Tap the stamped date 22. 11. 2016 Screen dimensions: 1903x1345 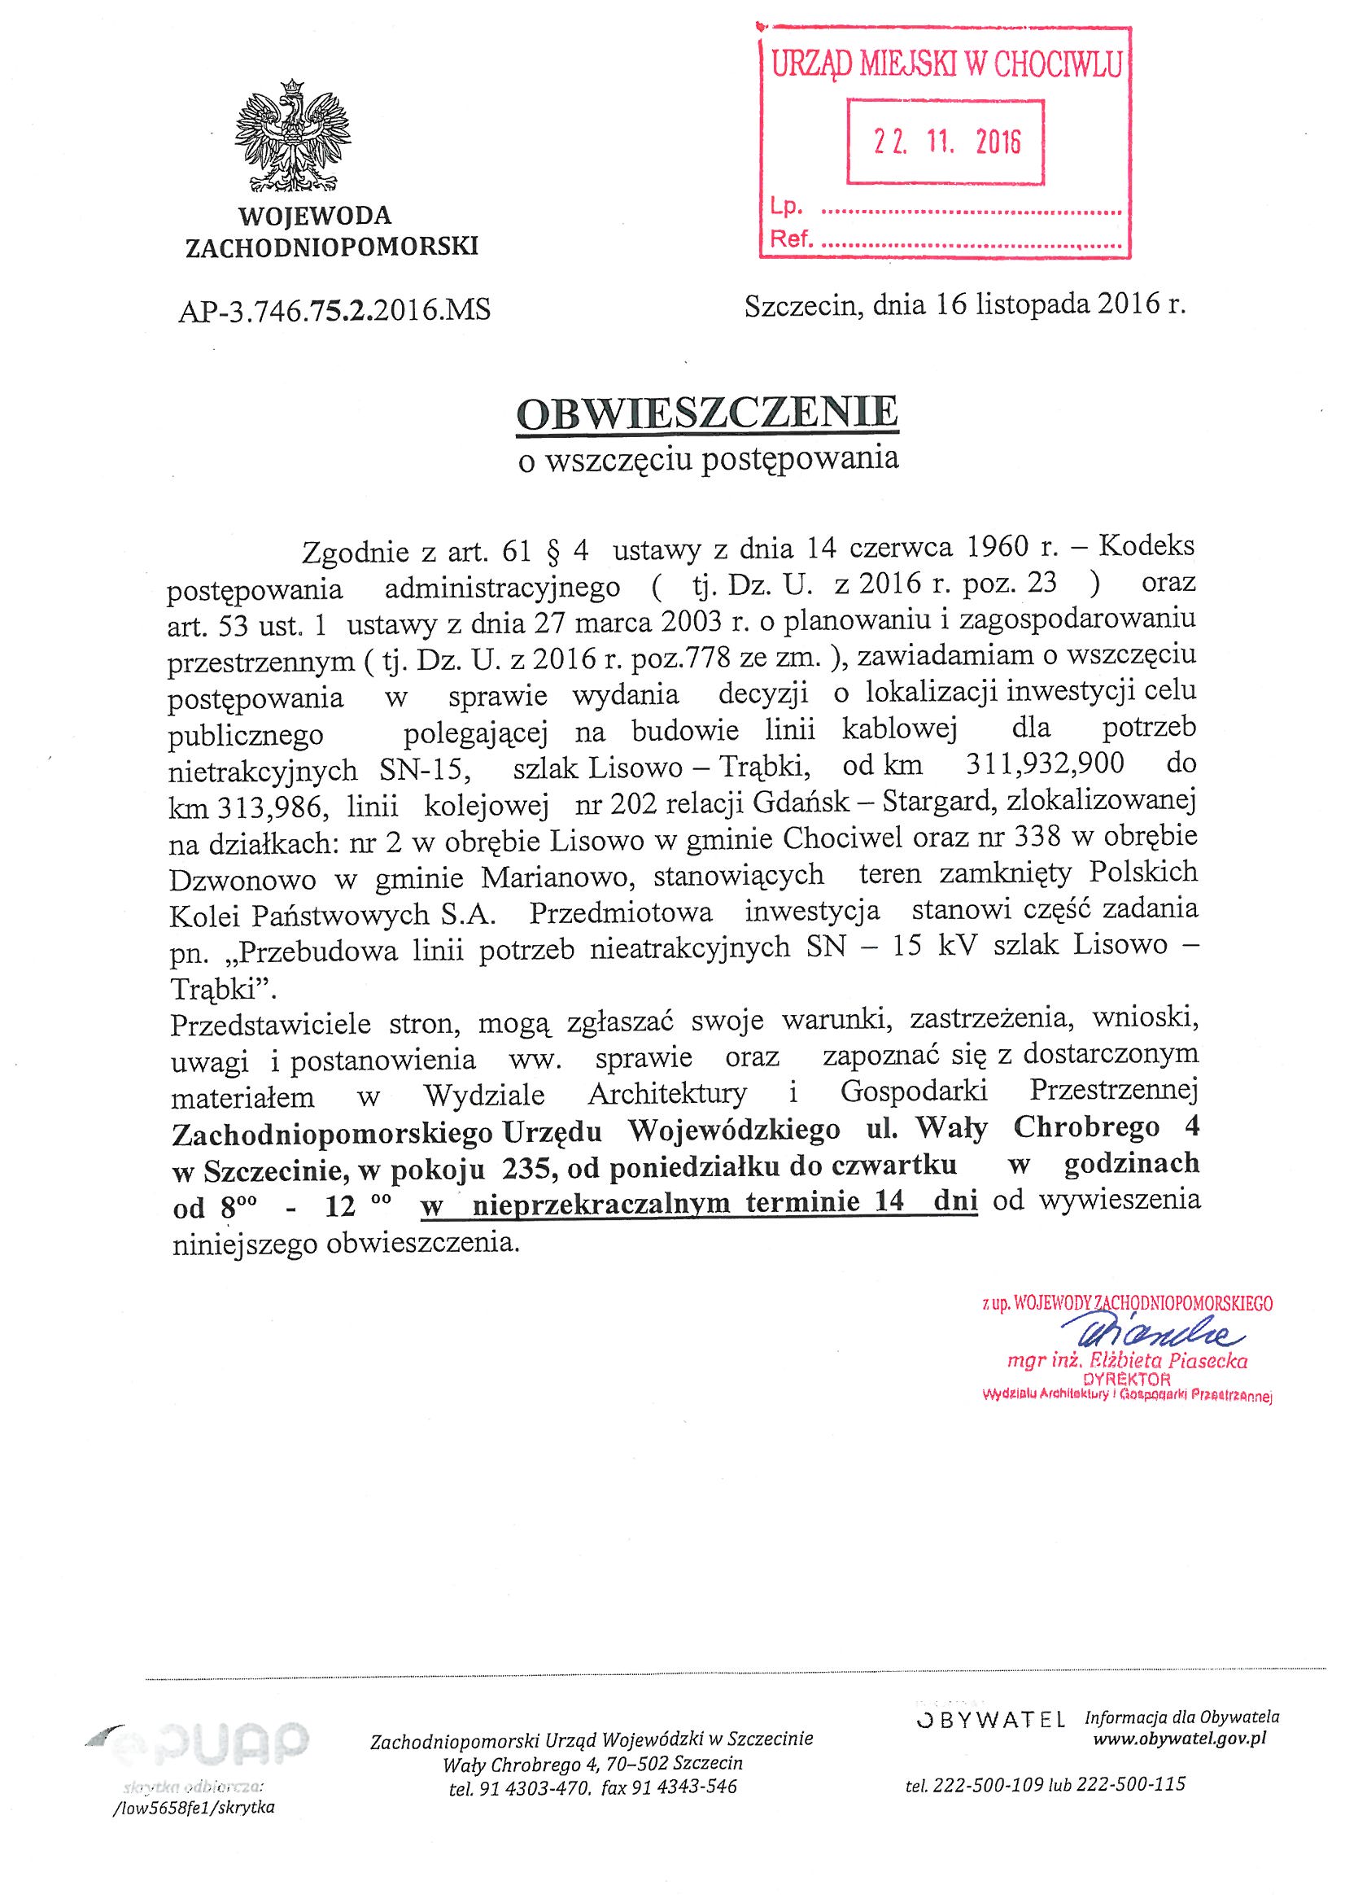pyautogui.click(x=946, y=142)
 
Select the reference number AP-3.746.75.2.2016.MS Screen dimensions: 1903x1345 pyautogui.click(x=334, y=310)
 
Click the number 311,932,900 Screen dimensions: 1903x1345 pyautogui.click(x=1045, y=763)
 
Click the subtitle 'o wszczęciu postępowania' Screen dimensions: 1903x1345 pyautogui.click(x=708, y=459)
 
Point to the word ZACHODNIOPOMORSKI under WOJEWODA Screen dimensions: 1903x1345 pyautogui.click(x=331, y=247)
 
